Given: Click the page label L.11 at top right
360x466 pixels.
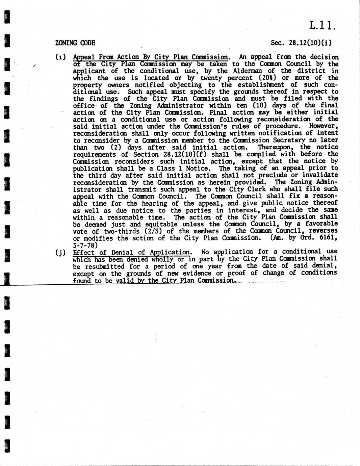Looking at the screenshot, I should click(322, 26).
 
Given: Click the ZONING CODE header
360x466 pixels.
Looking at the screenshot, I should click(75, 43).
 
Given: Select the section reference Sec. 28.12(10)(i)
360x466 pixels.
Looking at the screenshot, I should click(301, 43).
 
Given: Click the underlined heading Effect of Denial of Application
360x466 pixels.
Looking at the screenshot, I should click(131, 252).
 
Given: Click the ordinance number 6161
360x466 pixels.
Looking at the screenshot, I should click(329, 238).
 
